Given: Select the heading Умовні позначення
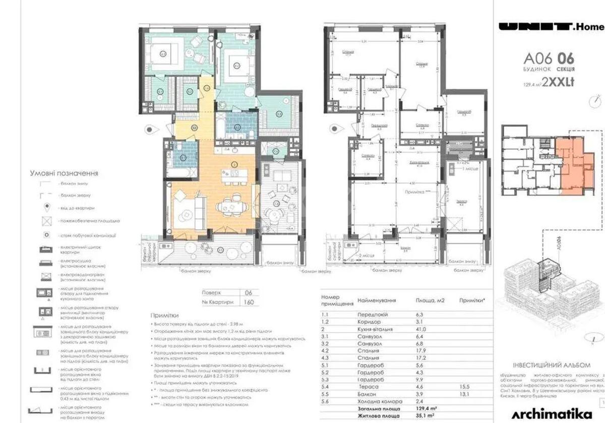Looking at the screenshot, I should point(64,173).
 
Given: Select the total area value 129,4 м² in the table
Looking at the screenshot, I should point(427,409).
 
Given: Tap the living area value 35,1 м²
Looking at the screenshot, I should point(426,416).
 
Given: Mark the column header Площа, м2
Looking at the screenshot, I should point(430,300).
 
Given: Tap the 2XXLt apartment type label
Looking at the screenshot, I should point(559,79).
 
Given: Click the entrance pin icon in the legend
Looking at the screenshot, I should point(47,207).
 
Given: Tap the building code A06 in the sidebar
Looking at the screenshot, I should point(537,57).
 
